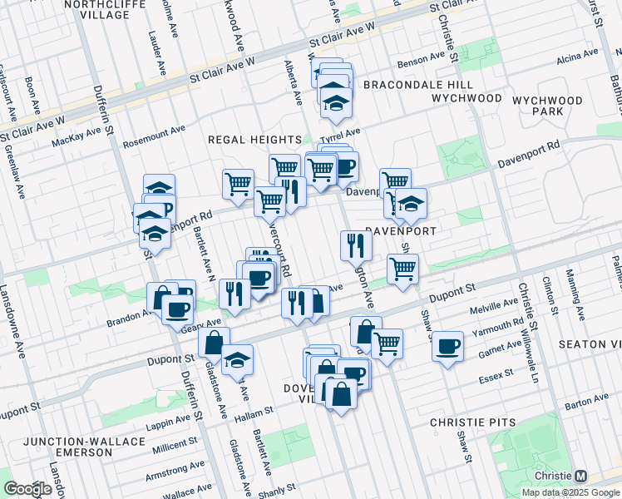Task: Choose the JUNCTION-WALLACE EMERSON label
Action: (68, 447)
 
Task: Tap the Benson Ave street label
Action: (422, 60)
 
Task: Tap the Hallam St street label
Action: (253, 412)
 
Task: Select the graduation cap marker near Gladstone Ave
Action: (238, 358)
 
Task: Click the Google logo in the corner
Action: (28, 489)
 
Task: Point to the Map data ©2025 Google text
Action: (570, 492)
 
